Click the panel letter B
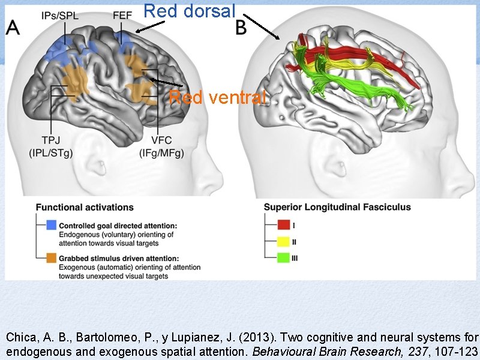[x=242, y=28]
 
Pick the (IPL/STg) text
[x=50, y=153]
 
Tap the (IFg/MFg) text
[x=161, y=153]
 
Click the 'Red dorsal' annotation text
[x=190, y=10]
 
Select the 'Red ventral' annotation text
[x=217, y=97]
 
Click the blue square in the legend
[x=52, y=226]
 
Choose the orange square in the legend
[x=52, y=258]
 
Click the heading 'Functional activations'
[x=85, y=208]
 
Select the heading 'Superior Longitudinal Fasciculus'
[x=338, y=208]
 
